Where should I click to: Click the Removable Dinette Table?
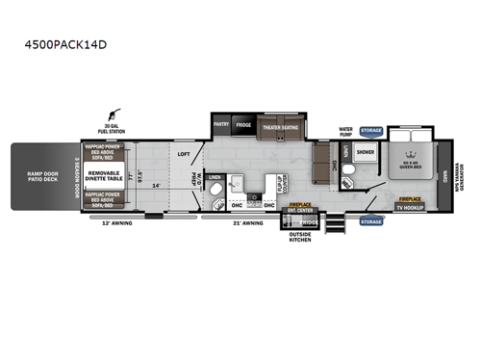tap(104, 175)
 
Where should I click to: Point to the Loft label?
tap(183, 153)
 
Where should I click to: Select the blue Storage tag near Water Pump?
tap(371, 130)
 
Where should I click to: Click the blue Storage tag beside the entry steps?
tap(371, 220)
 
